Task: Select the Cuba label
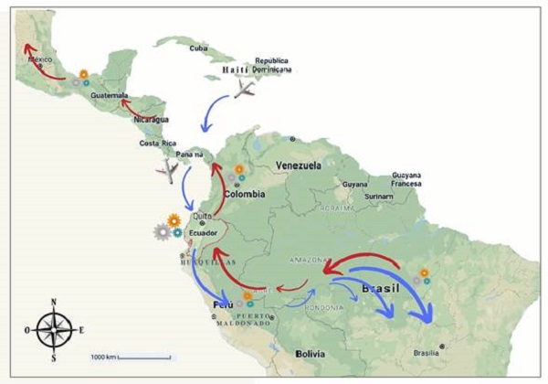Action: [198, 48]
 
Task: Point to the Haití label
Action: [236, 69]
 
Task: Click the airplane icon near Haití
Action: [246, 89]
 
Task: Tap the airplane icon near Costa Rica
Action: [167, 171]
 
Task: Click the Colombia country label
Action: [245, 194]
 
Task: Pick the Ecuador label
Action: [203, 232]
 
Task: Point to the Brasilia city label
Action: [426, 353]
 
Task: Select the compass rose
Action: [54, 328]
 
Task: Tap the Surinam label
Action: [377, 196]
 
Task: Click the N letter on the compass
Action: [54, 302]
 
